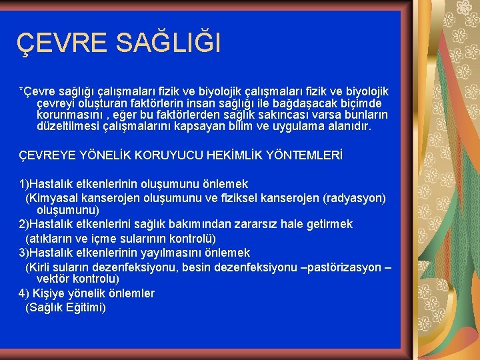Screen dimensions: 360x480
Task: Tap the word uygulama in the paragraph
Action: pos(304,126)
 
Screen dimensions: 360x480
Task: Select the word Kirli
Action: pos(39,267)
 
